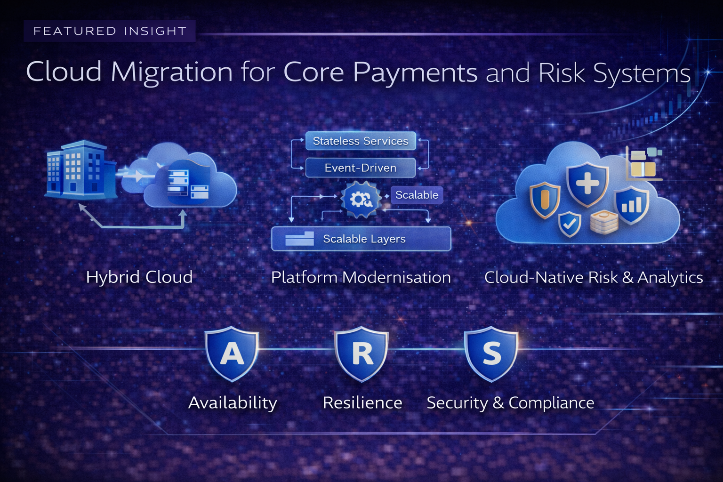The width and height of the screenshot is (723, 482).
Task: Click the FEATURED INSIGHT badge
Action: [109, 31]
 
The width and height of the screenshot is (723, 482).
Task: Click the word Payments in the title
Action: [415, 73]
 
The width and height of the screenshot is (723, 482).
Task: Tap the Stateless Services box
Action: [361, 141]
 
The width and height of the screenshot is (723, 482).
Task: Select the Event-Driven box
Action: [361, 168]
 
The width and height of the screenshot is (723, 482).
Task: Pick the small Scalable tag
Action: [417, 195]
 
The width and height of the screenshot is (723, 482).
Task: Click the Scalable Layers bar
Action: [361, 239]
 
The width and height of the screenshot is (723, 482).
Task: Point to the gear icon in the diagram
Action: [361, 199]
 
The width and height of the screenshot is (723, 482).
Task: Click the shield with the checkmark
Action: [570, 224]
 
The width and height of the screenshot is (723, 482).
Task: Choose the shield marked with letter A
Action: [232, 354]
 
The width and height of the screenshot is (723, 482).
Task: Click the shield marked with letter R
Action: [361, 354]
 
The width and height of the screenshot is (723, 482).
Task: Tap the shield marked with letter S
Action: [491, 354]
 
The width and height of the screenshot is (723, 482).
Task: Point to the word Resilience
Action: [362, 403]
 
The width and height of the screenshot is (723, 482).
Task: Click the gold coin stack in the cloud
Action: [604, 222]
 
